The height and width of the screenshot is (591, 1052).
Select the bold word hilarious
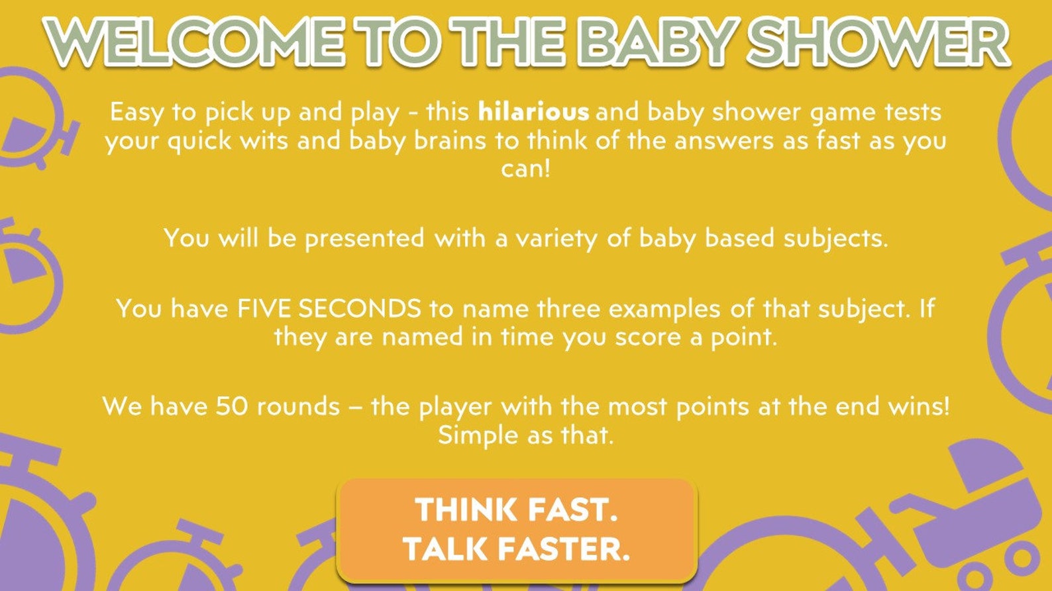pos(533,111)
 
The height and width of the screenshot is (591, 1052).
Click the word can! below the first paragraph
pos(526,169)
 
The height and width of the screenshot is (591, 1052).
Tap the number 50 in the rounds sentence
pos(231,406)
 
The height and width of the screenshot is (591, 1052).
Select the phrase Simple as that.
pos(526,435)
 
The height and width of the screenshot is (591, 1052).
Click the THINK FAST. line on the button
pos(517,510)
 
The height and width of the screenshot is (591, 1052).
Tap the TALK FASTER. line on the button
pos(517,549)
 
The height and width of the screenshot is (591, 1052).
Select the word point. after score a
pos(744,337)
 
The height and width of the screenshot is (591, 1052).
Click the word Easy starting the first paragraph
pos(136,112)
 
